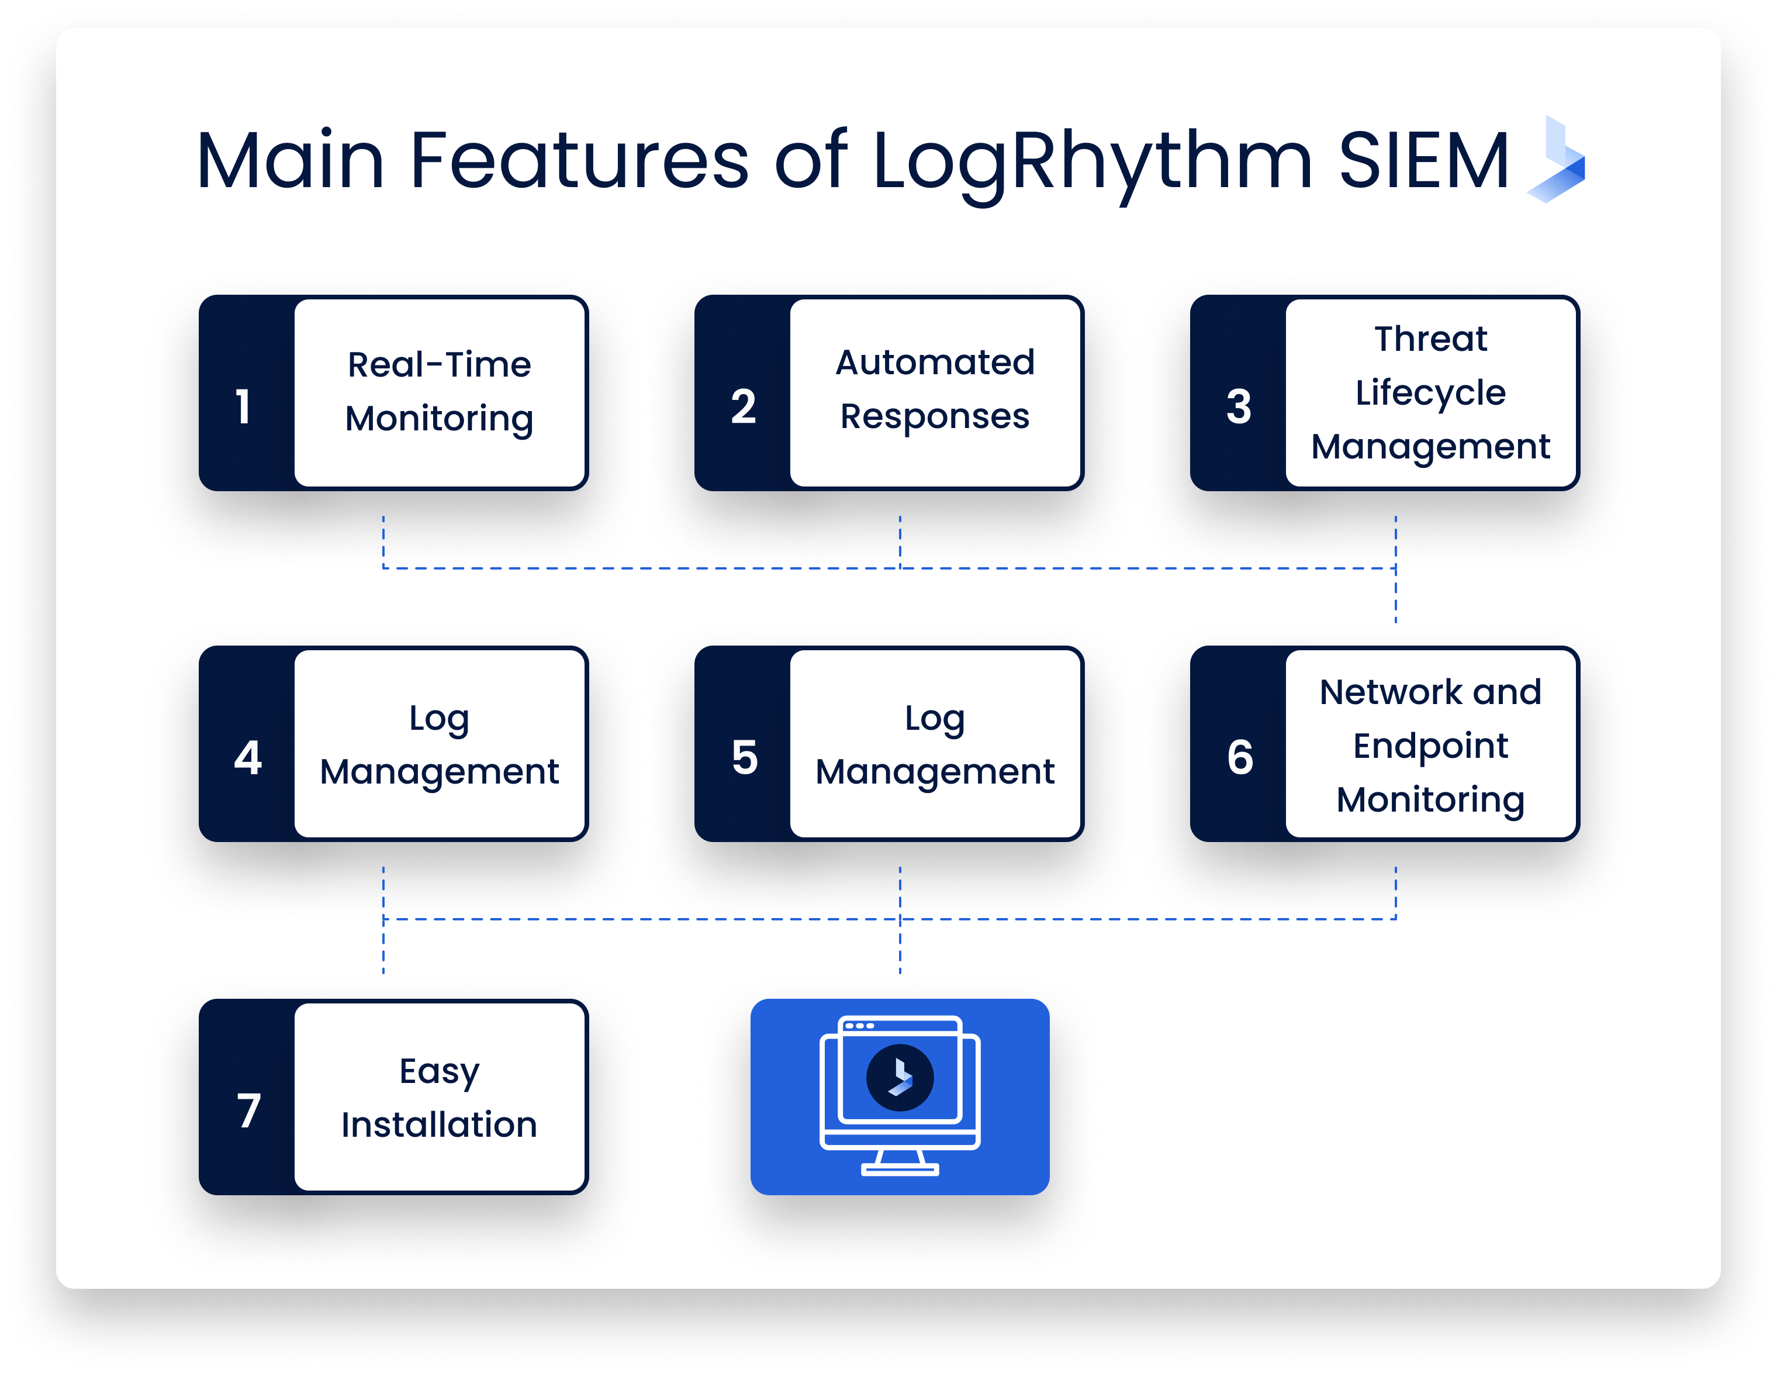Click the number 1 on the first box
243,407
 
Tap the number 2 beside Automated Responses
743,407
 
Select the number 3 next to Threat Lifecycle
1239,407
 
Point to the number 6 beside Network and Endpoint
1239,758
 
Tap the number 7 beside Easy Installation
249,1111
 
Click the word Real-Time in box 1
440,365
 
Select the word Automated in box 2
935,362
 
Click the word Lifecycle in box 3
1430,393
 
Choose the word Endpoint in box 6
1430,746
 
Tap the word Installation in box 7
440,1124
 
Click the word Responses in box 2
935,417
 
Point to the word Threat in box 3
1430,339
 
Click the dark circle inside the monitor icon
899,1078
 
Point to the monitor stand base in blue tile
899,1170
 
